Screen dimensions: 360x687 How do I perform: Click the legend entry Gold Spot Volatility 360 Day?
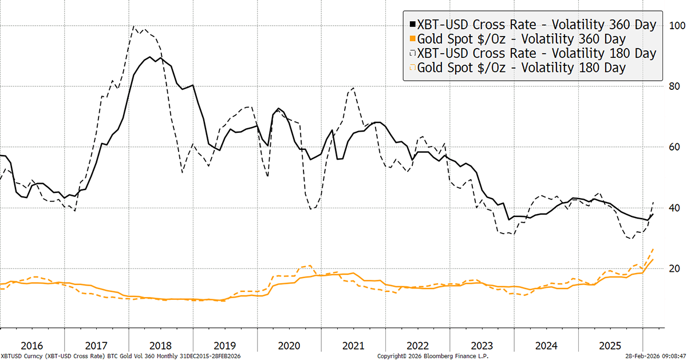(x=522, y=39)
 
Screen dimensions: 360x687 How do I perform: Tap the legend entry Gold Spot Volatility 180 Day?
(x=522, y=68)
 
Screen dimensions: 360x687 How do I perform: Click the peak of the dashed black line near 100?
(x=134, y=26)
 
